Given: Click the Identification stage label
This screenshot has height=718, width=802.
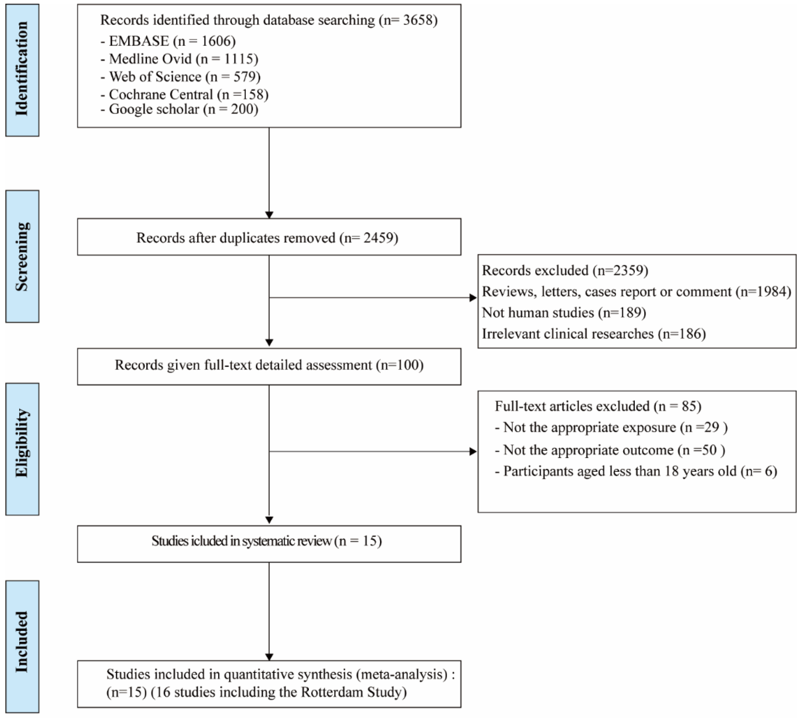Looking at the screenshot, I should point(22,70).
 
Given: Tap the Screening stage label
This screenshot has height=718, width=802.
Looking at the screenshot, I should point(22,256).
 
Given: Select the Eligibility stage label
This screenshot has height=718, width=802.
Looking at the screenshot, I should point(22,449).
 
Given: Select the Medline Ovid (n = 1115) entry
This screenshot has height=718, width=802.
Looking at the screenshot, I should point(180,59).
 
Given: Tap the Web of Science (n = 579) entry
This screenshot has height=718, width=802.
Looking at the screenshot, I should point(181,77).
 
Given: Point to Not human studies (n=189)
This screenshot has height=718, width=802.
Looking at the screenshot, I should point(564,312).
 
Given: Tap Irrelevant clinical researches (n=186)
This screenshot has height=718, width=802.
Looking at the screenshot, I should point(594,334).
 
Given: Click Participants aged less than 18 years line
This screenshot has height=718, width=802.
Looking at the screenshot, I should point(636,471).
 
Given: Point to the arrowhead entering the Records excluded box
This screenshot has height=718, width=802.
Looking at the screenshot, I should point(473,298).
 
